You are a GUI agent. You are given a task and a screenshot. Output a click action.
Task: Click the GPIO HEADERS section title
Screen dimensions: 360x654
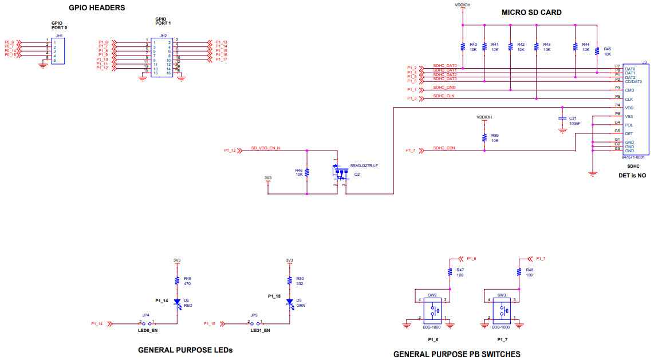point(97,8)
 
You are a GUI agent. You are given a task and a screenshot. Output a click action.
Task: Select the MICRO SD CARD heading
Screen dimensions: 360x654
point(531,12)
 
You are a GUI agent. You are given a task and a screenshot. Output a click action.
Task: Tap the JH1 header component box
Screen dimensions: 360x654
point(58,51)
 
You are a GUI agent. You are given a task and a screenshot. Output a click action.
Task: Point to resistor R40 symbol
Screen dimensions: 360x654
point(462,46)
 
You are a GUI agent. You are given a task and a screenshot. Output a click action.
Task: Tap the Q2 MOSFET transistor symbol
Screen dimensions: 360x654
point(338,171)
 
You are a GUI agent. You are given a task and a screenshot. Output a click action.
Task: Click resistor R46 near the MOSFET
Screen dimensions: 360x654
point(308,172)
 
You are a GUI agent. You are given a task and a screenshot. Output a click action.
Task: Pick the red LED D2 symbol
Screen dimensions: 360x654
point(177,302)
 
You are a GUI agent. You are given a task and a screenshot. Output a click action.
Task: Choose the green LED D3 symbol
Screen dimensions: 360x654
point(289,302)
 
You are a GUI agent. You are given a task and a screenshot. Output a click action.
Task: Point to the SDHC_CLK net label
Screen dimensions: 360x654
point(443,96)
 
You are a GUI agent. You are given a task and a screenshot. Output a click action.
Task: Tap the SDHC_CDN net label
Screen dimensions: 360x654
point(444,148)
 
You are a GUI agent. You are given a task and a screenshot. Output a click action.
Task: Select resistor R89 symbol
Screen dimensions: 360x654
point(484,138)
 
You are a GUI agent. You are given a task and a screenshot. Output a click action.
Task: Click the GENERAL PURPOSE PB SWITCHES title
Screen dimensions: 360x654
point(456,354)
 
